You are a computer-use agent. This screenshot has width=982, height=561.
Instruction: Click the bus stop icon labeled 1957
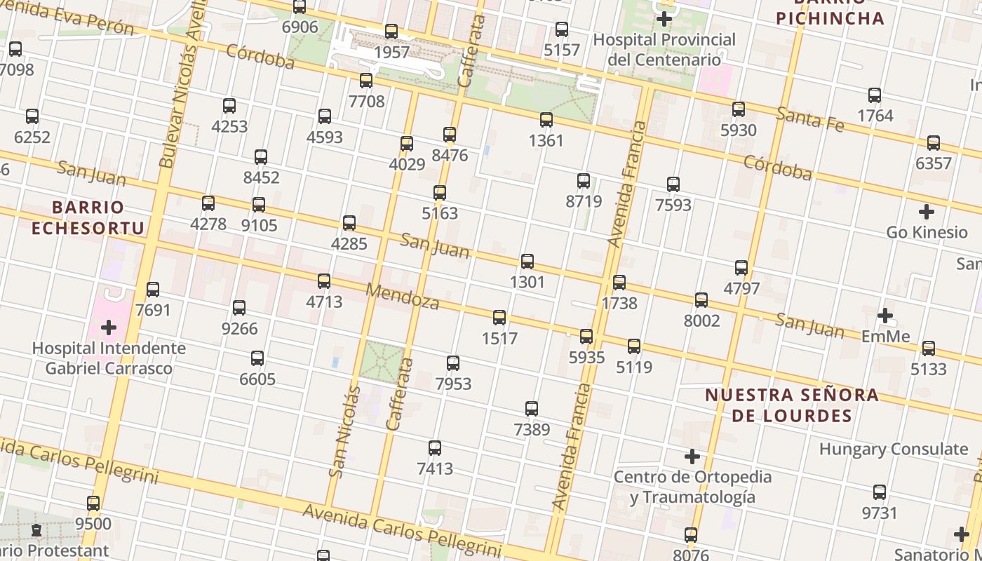[x=391, y=32]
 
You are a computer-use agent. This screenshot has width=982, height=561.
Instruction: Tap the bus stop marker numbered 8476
[x=450, y=135]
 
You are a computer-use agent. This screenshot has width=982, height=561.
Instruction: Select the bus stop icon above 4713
[x=323, y=281]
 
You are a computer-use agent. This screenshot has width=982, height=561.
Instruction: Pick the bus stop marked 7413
[x=435, y=448]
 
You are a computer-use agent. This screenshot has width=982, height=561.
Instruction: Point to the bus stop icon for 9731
[x=880, y=492]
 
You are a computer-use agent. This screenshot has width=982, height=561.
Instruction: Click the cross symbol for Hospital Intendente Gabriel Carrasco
[x=109, y=327]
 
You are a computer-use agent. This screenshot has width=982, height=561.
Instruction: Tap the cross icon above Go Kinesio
[x=927, y=211]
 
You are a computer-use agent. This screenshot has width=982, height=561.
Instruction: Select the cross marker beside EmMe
[x=885, y=316]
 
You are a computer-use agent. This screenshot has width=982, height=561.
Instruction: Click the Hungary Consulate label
[x=893, y=449]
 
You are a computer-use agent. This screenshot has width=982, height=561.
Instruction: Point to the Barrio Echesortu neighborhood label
[x=88, y=217]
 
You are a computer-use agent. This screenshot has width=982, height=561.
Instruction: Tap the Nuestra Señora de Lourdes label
[x=792, y=405]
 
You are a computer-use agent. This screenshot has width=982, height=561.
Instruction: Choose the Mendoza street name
[x=403, y=297]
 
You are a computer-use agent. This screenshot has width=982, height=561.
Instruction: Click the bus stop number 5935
[x=586, y=358]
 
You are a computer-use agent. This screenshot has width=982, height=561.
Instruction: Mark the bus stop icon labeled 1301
[x=527, y=262]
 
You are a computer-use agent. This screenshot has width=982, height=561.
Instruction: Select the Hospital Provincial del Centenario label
[x=664, y=49]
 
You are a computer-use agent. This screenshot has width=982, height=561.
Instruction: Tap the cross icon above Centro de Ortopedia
[x=692, y=457]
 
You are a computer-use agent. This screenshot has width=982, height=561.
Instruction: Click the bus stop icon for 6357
[x=934, y=143]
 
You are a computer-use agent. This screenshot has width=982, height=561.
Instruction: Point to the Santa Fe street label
[x=810, y=119]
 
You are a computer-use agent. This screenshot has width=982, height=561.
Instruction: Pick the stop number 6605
[x=257, y=379]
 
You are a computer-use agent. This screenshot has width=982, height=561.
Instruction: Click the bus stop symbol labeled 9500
[x=93, y=503]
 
